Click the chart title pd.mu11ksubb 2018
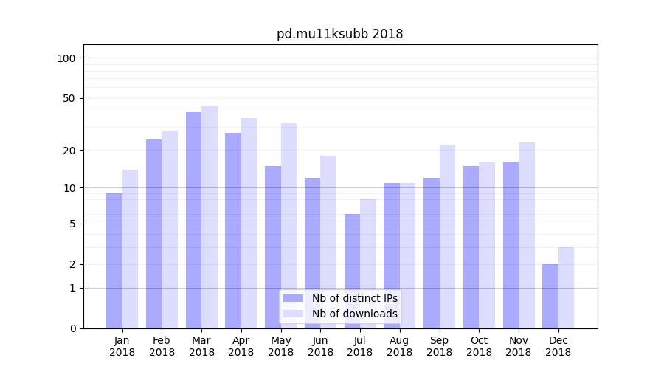pyautogui.click(x=339, y=34)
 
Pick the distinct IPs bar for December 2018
pyautogui.click(x=550, y=296)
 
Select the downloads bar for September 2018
pyautogui.click(x=447, y=236)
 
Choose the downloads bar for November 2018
pyautogui.click(x=527, y=235)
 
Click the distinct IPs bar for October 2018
pyautogui.click(x=471, y=247)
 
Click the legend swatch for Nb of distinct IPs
pyautogui.click(x=294, y=298)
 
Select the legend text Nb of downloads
pyautogui.click(x=354, y=314)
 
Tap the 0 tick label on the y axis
pyautogui.click(x=73, y=328)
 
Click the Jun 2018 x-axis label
pyautogui.click(x=320, y=346)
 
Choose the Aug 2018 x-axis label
pyautogui.click(x=399, y=346)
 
